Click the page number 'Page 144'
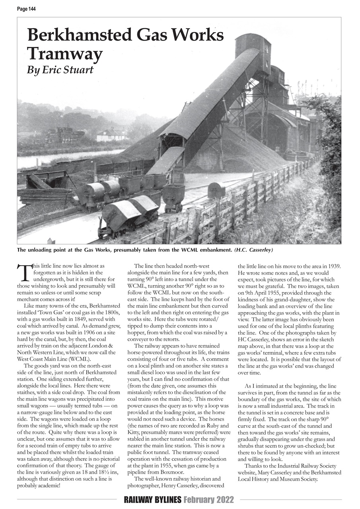click(26, 9)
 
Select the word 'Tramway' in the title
click(64, 53)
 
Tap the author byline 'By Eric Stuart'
click(60, 70)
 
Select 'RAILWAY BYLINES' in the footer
click(152, 500)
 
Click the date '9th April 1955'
click(262, 292)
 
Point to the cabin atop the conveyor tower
click(253, 45)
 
